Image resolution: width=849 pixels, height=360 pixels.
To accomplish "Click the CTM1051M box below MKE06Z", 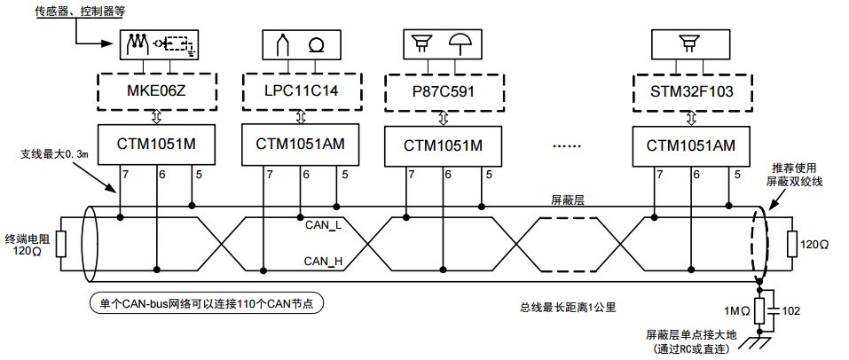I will tap(158, 144).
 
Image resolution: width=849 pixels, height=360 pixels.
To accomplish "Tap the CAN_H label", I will tap(323, 261).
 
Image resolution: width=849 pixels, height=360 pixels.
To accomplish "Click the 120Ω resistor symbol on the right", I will tap(792, 241).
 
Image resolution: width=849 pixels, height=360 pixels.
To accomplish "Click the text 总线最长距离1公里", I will tap(568, 308).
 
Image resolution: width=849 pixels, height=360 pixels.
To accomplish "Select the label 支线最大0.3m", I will tap(56, 154).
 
